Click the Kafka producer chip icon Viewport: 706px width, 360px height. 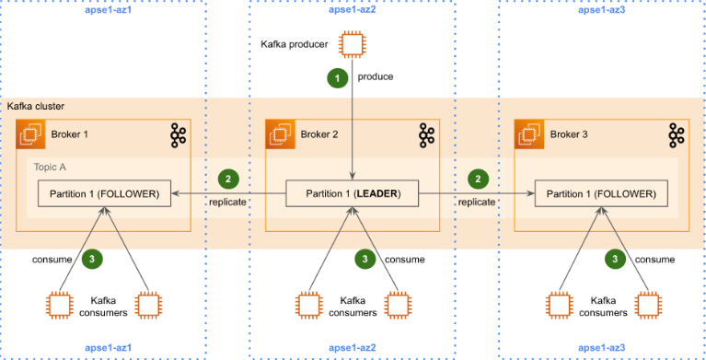353,44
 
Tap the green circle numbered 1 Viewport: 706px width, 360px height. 339,78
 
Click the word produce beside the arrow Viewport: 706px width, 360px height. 376,77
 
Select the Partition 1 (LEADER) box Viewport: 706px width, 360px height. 353,194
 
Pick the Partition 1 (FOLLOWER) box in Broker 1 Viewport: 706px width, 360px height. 105,194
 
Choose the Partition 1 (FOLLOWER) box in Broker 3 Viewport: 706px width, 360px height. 601,194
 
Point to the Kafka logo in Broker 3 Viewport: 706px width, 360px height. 676,136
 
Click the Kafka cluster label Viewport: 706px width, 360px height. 36,107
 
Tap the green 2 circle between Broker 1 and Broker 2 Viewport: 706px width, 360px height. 228,180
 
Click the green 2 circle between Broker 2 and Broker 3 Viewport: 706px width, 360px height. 478,180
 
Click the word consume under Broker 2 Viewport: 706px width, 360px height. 404,260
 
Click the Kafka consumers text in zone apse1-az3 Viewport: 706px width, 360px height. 601,307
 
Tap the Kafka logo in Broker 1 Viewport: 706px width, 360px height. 179,136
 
